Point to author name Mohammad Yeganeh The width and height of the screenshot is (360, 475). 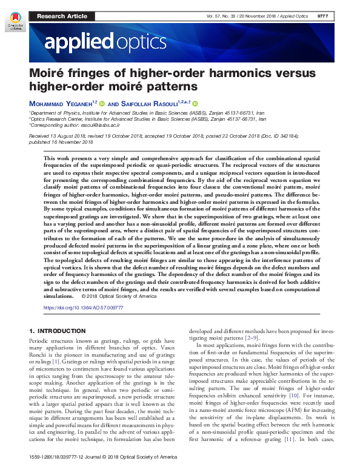click(62, 103)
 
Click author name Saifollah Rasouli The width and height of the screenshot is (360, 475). click(154, 103)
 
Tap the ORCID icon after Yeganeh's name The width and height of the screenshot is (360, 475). click(102, 103)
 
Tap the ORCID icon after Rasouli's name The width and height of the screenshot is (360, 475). click(195, 103)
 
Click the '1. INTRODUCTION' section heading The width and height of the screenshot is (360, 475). click(58, 330)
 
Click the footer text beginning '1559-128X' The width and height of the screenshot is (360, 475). click(103, 470)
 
